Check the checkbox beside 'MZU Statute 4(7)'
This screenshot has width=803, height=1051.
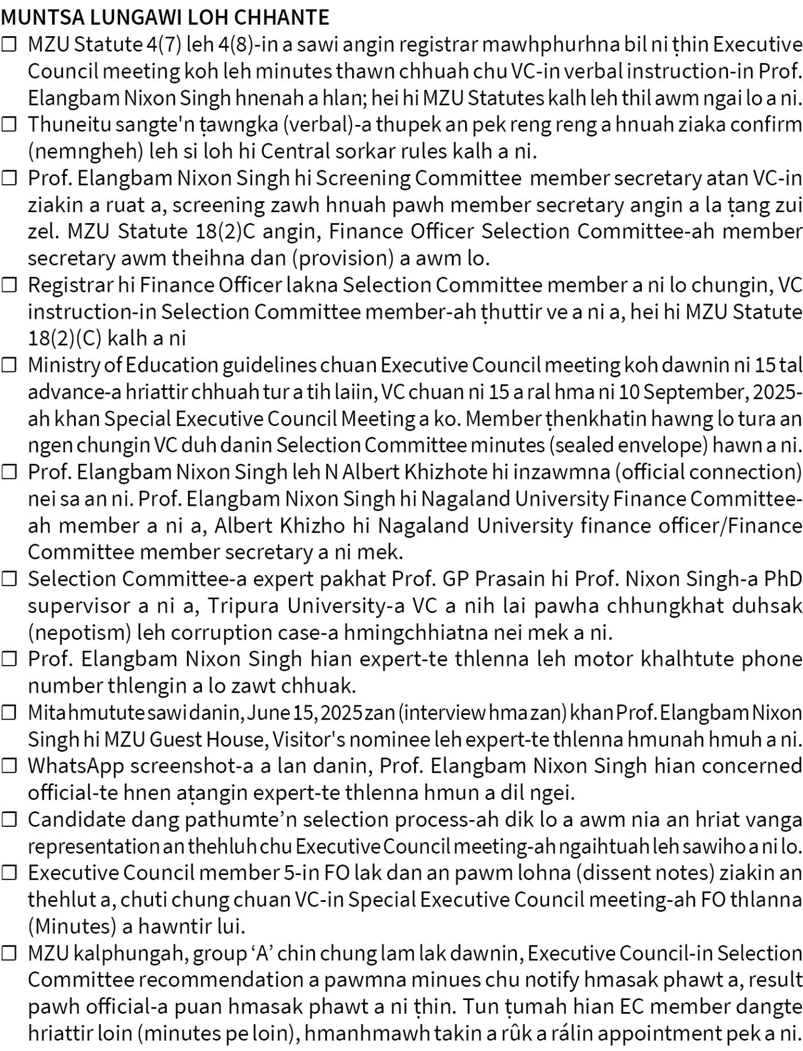click(x=9, y=45)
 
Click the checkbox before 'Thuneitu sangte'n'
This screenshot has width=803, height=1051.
click(x=9, y=124)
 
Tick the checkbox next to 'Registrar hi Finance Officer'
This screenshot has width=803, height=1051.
click(x=9, y=285)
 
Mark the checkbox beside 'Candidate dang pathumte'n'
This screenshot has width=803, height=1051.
click(x=9, y=819)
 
